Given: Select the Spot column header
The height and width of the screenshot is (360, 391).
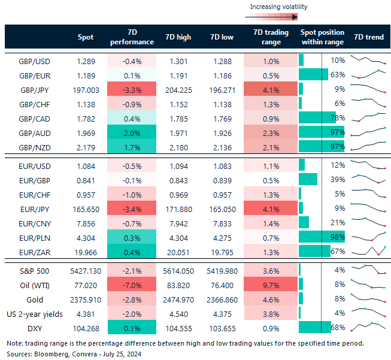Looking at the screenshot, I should pyautogui.click(x=86, y=37).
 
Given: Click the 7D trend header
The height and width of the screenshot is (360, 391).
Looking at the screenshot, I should pyautogui.click(x=369, y=37).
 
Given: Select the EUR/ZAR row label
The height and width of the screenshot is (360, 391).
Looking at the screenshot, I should pyautogui.click(x=34, y=250).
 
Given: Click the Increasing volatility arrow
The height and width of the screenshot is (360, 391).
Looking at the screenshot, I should pyautogui.click(x=278, y=17).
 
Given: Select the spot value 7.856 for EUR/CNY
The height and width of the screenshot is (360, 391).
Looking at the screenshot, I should pyautogui.click(x=86, y=222).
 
